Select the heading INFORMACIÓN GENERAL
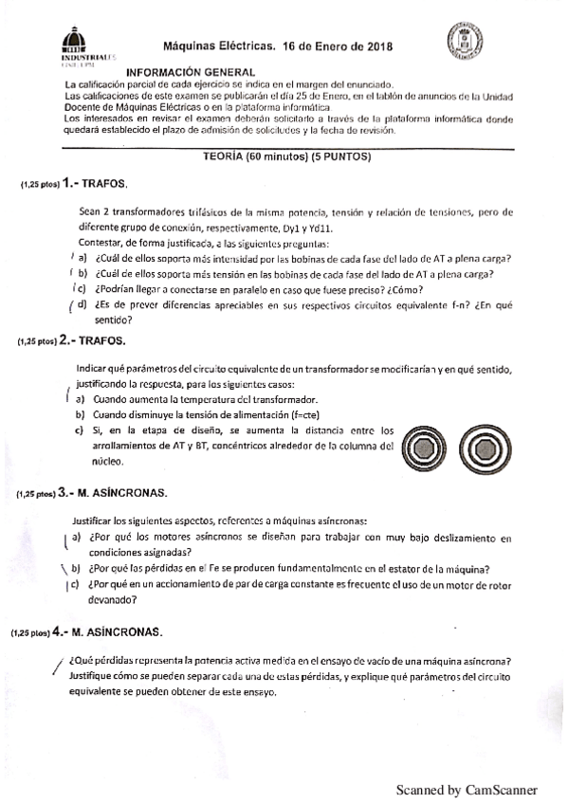tap(191, 72)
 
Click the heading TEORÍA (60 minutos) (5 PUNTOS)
tap(291, 157)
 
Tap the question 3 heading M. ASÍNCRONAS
tap(120, 493)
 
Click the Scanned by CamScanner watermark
tap(467, 789)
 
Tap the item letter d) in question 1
tap(82, 303)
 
